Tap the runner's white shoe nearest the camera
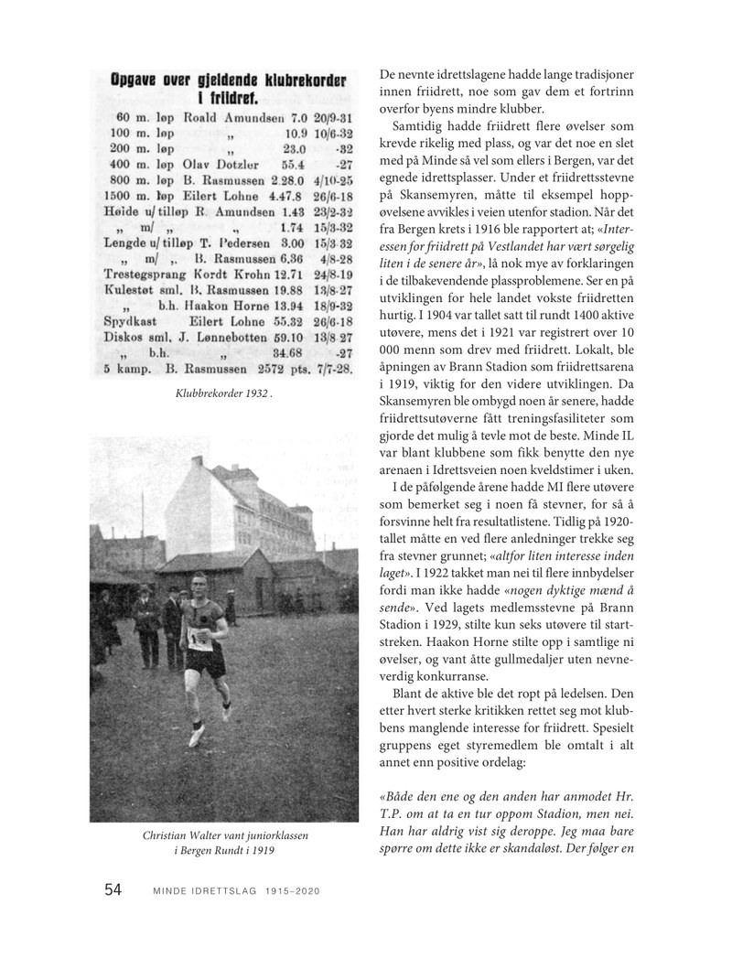click(195, 734)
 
